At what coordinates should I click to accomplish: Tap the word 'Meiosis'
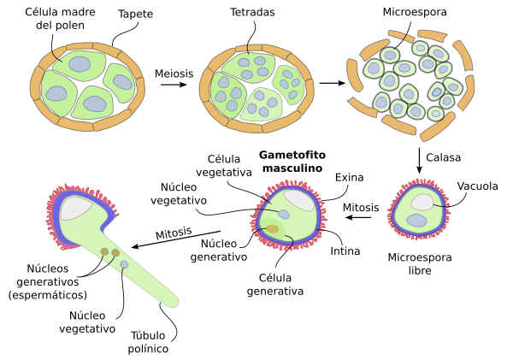pos(174,74)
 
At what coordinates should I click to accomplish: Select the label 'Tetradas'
pos(252,15)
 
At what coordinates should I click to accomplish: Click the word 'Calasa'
pos(445,158)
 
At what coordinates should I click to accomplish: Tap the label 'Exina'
pos(349,178)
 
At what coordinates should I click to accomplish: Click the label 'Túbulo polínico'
pos(156,341)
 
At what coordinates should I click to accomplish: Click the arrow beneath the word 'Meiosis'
pos(174,86)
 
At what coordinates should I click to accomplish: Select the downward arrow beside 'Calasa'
pos(420,159)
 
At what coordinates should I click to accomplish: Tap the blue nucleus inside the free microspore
pos(418,221)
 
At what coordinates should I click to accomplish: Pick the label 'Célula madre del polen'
pos(59,21)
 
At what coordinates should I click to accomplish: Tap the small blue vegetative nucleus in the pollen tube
pos(125,266)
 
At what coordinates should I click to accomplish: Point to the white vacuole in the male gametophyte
pos(299,199)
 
